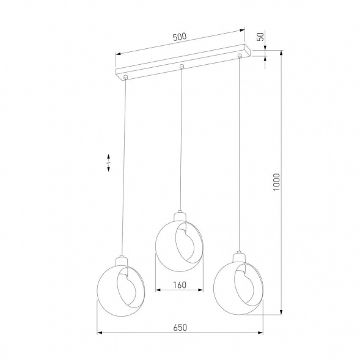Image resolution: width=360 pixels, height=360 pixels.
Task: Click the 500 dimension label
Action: coord(179,37)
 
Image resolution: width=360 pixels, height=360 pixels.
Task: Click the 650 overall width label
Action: coord(179,328)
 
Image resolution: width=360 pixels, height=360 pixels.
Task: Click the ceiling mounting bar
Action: coord(183,63)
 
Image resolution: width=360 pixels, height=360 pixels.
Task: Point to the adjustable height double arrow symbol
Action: coord(109,163)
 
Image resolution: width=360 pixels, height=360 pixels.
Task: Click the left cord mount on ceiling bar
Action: coord(125,78)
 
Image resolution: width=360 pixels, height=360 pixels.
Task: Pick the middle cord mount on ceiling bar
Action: coord(182,67)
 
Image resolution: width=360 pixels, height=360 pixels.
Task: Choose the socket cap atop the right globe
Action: coord(238,255)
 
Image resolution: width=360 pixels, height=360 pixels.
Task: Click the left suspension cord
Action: coord(125,165)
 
